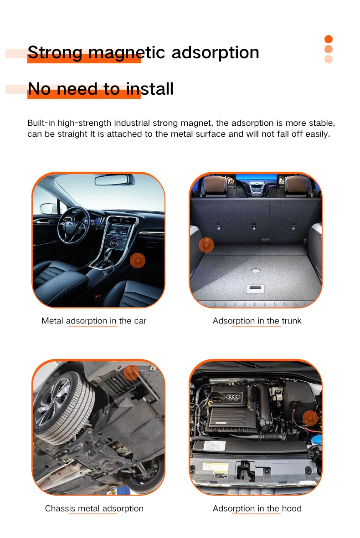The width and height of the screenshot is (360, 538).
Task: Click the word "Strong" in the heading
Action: coord(55,53)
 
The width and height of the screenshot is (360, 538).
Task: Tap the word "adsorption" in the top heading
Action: coord(215,52)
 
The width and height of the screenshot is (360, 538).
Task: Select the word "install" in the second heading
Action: coord(149,89)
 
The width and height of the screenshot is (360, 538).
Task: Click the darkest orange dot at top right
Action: coord(329,39)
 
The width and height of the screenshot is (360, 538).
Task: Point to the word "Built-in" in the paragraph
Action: coord(41,123)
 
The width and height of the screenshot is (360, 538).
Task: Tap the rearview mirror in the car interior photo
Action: coord(115,179)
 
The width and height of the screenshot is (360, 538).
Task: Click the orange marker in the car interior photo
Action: coord(138,261)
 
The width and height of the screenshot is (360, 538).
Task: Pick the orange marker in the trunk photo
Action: coord(206,245)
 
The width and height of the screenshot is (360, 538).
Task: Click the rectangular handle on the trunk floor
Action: coord(255,288)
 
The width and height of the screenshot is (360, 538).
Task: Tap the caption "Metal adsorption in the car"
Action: coord(94,321)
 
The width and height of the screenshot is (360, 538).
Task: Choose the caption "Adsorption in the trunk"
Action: coord(257,321)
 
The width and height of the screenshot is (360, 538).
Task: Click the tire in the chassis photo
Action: coord(63,408)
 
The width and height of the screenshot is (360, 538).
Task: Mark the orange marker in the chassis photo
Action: coord(131,373)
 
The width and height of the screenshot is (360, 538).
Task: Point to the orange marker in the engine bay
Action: coord(310,418)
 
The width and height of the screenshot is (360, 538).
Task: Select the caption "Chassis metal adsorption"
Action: coord(94,508)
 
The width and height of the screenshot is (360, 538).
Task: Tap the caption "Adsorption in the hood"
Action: coord(257,508)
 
